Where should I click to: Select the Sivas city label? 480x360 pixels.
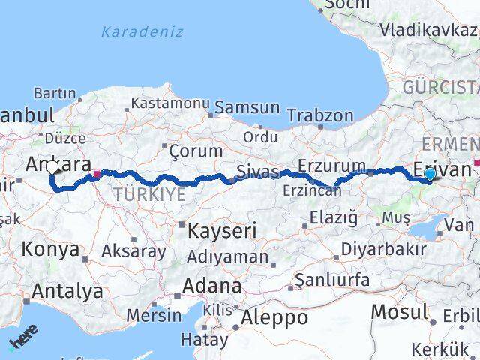coord(257,172)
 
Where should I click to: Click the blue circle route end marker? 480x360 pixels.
coord(429,175)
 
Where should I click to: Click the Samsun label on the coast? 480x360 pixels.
coord(247,107)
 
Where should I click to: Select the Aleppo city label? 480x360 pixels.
coord(274,318)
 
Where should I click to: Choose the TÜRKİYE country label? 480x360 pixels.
coord(148,194)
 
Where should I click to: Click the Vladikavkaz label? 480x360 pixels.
coord(428,31)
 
